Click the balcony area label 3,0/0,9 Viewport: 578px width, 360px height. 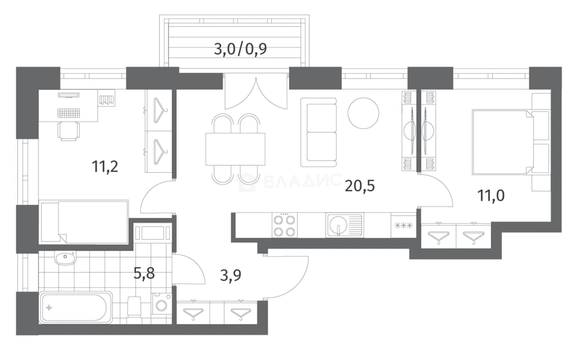[x=240, y=49]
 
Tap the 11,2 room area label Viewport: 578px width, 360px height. [x=105, y=166]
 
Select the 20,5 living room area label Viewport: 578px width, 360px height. [x=360, y=186]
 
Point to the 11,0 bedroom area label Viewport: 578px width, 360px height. [x=491, y=195]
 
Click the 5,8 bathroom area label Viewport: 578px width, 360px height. [x=144, y=273]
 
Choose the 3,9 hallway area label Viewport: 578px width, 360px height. [x=230, y=275]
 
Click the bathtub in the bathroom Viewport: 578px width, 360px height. [x=76, y=307]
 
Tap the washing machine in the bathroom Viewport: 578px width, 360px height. [x=161, y=304]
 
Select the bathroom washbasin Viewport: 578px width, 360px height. [x=65, y=258]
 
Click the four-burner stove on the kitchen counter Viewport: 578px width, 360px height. [x=284, y=225]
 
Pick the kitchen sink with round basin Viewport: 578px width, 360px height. [x=345, y=225]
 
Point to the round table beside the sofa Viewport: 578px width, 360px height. [x=363, y=113]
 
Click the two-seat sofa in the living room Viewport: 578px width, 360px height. [x=319, y=132]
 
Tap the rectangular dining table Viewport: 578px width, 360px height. [x=236, y=149]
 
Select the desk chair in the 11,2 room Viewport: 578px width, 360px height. [x=69, y=131]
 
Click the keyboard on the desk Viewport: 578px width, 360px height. [x=69, y=113]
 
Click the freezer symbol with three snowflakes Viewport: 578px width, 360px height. [x=404, y=226]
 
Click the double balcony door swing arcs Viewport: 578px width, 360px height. [x=256, y=94]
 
